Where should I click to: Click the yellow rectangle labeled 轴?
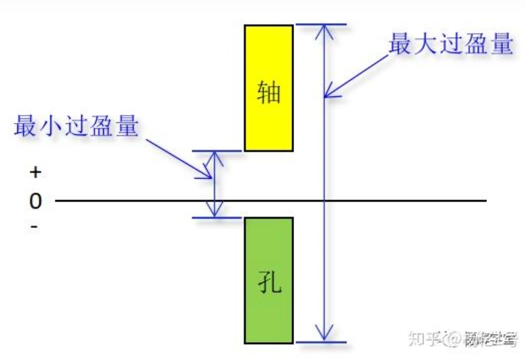268,59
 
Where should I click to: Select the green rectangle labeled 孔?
268,310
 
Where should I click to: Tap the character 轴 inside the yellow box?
268,92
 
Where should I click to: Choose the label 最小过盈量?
77,125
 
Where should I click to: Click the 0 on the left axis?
35,200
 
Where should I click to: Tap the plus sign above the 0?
35,172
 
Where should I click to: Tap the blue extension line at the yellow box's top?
320,25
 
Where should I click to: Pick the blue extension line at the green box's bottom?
320,342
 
